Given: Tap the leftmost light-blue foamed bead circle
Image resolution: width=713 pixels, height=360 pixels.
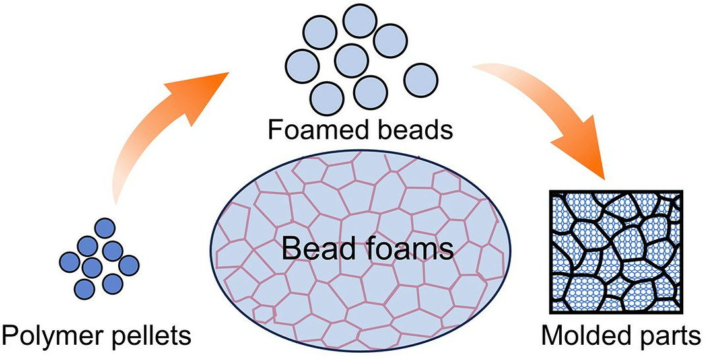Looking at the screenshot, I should [x=302, y=65].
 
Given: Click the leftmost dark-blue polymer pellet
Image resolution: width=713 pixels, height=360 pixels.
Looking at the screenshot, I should [x=69, y=260].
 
